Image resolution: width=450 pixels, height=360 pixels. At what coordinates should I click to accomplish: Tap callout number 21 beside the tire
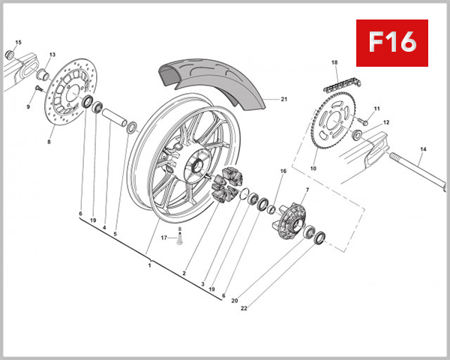(x=284, y=99)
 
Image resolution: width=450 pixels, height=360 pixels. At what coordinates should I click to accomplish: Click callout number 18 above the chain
(x=334, y=62)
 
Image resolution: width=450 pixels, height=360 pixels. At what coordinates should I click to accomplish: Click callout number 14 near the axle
(x=423, y=150)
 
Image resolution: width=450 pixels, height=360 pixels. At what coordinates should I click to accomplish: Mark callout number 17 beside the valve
(x=163, y=237)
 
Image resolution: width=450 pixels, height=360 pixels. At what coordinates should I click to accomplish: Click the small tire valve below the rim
(x=179, y=238)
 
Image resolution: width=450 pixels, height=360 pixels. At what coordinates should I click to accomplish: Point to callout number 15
(x=19, y=42)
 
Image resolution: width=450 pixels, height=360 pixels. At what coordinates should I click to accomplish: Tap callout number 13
(x=52, y=55)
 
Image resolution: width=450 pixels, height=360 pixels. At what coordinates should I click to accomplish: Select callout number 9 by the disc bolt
(x=28, y=107)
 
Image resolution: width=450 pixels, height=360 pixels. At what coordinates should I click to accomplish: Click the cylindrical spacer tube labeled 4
(x=112, y=118)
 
